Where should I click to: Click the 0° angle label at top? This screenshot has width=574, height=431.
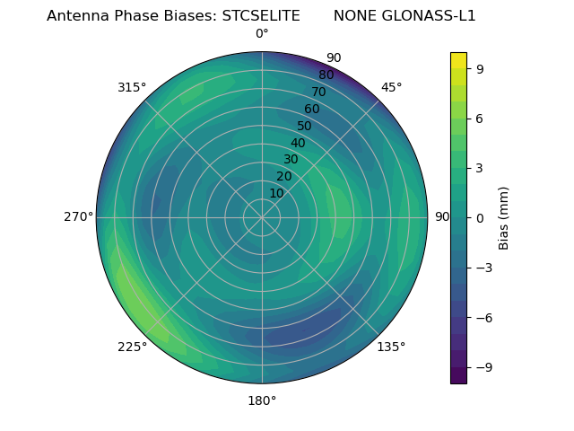[x=262, y=34]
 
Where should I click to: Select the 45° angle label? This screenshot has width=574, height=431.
[x=391, y=87]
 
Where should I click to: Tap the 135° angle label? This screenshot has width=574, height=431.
[x=391, y=347]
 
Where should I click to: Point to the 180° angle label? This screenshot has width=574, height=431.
[x=262, y=400]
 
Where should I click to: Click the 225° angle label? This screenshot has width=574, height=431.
[x=132, y=347]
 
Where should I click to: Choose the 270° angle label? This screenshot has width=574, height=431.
[x=78, y=217]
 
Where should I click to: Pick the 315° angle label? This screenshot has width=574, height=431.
[x=132, y=87]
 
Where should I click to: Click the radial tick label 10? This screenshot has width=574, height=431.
[x=277, y=193]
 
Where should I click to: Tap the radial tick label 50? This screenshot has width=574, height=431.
[x=305, y=126]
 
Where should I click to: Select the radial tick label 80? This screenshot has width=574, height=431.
[x=326, y=75]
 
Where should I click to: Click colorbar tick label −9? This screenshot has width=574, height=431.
[x=483, y=367]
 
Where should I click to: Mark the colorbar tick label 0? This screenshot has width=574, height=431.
[x=480, y=217]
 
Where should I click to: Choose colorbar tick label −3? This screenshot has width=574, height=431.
[x=483, y=268]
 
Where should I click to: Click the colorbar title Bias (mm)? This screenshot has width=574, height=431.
[x=504, y=217]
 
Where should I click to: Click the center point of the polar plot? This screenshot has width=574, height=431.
[x=262, y=217]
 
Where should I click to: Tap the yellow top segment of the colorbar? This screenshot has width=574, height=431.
[x=458, y=60]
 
